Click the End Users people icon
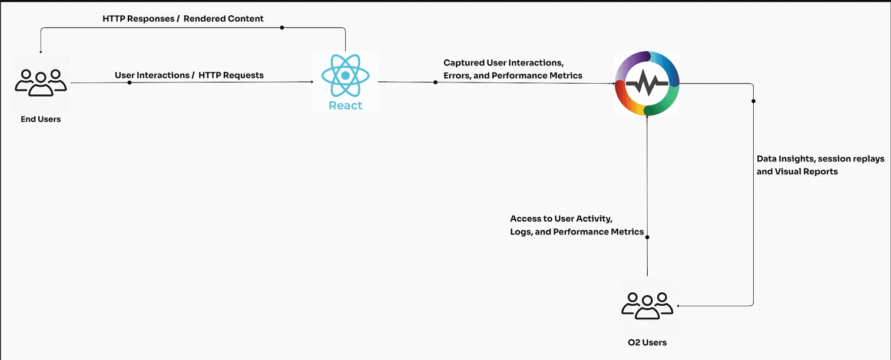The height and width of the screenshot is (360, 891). [x=41, y=82]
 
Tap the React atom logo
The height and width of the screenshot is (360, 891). [x=345, y=75]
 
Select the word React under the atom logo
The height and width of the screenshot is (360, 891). [x=345, y=105]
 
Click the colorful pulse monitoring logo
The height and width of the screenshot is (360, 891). [x=647, y=83]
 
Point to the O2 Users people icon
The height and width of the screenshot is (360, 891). [x=647, y=305]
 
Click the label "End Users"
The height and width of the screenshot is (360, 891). [x=41, y=119]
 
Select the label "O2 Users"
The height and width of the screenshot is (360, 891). [x=647, y=342]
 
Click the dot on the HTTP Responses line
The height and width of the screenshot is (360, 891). [x=281, y=28]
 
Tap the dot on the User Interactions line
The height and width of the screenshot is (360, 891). [x=130, y=82]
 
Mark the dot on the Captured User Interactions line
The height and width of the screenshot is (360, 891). [x=436, y=82]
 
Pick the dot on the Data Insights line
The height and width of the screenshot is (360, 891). [x=753, y=101]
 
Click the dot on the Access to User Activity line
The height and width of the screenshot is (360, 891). [x=647, y=237]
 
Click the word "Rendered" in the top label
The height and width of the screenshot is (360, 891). [x=204, y=19]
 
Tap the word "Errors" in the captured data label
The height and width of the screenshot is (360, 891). [x=456, y=75]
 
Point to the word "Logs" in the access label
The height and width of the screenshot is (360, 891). [x=521, y=232]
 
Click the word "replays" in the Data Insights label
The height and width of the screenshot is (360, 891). [x=867, y=159]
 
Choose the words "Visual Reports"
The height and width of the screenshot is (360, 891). [x=809, y=172]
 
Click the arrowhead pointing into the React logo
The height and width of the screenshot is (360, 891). [x=312, y=83]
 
